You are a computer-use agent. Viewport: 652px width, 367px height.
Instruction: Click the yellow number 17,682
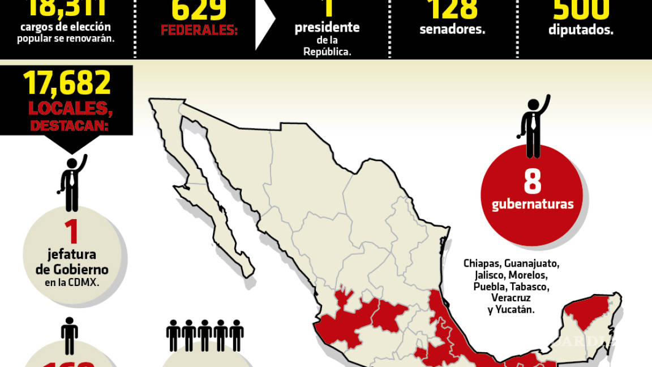(x=67, y=84)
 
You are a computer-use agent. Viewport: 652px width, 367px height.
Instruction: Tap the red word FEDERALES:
(x=199, y=30)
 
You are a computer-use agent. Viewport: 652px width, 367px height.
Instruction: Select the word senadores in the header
(x=452, y=29)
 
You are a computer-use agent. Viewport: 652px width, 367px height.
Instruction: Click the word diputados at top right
(x=581, y=30)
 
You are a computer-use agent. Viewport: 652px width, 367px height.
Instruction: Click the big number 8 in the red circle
(x=532, y=182)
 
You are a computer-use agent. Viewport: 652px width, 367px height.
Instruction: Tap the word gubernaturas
(x=532, y=204)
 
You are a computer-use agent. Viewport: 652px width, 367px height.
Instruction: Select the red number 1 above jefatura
(x=71, y=232)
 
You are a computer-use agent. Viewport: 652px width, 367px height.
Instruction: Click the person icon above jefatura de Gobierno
(x=72, y=182)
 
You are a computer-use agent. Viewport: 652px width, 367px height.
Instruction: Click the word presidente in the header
(x=327, y=27)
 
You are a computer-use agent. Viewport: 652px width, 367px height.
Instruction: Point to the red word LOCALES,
(x=66, y=108)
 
